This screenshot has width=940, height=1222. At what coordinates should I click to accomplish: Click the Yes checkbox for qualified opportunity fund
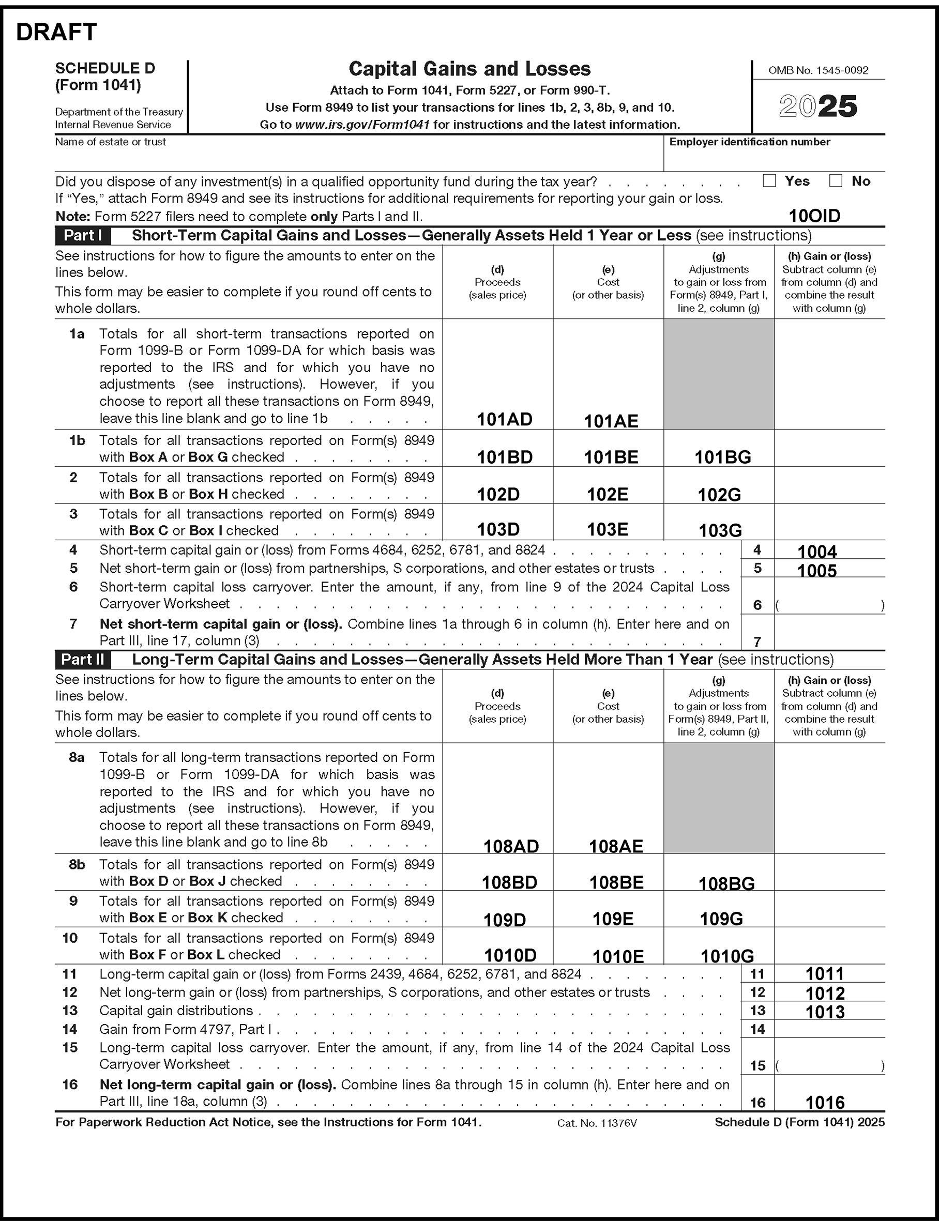pyautogui.click(x=769, y=180)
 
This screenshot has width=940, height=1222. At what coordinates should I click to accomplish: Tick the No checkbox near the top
pyautogui.click(x=836, y=180)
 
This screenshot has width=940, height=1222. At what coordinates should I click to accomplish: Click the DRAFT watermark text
pyautogui.click(x=56, y=33)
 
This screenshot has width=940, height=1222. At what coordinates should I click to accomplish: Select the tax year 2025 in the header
pyautogui.click(x=818, y=106)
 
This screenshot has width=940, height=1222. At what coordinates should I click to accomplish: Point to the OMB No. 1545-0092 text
pyautogui.click(x=818, y=70)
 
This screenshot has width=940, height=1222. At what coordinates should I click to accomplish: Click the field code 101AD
pyautogui.click(x=504, y=419)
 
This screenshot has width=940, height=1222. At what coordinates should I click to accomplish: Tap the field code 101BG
pyautogui.click(x=722, y=457)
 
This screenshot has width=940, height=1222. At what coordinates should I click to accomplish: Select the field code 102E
pyautogui.click(x=607, y=494)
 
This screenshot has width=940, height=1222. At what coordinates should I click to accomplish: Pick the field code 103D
pyautogui.click(x=498, y=530)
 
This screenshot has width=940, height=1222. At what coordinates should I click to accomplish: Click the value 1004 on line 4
pyautogui.click(x=817, y=552)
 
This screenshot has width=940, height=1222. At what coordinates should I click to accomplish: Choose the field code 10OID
pyautogui.click(x=814, y=216)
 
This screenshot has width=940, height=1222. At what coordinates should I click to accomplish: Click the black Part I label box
pyautogui.click(x=83, y=235)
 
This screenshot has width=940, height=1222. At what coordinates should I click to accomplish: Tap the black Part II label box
pyautogui.click(x=83, y=660)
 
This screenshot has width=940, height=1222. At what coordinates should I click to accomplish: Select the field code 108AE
pyautogui.click(x=615, y=846)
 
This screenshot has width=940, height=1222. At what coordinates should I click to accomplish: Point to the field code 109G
pyautogui.click(x=721, y=919)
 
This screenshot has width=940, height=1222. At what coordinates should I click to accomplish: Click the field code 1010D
pyautogui.click(x=510, y=955)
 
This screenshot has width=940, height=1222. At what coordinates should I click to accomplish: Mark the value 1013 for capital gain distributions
pyautogui.click(x=825, y=1012)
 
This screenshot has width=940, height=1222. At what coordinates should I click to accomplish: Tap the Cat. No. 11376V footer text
pyautogui.click(x=597, y=1123)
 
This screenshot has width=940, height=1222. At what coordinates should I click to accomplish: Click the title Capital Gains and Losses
pyautogui.click(x=469, y=69)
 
